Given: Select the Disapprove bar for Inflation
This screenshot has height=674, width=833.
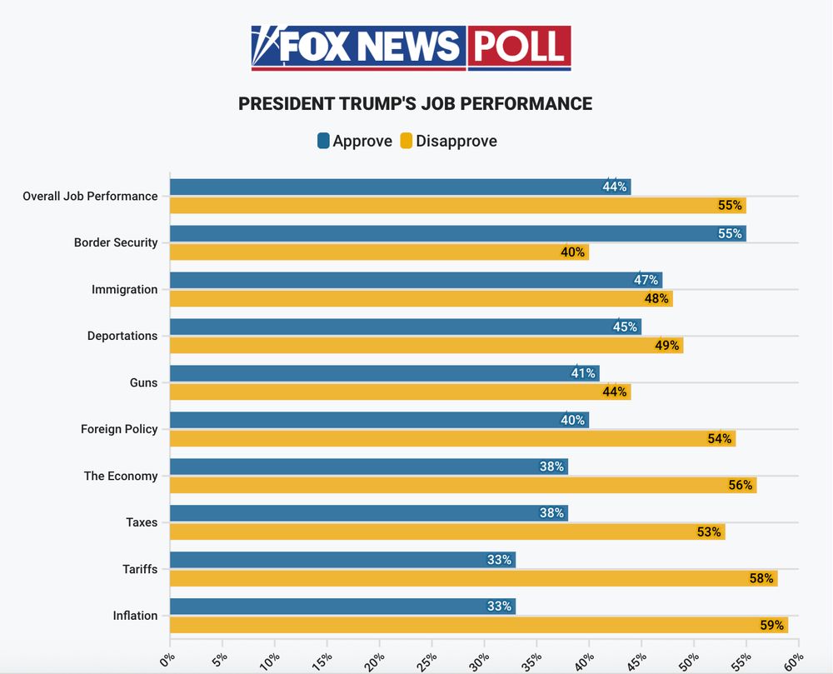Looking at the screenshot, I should tap(478, 625).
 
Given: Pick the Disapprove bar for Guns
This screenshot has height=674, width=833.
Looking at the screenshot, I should tap(400, 392).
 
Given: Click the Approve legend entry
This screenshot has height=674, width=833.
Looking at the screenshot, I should tap(355, 141).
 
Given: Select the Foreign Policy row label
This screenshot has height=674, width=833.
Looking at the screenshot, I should tap(119, 429).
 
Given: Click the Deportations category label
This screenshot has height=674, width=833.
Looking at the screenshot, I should tap(122, 336).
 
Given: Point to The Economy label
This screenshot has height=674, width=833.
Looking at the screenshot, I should tap(121, 476).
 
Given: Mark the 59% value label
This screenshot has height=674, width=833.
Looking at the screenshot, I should tap(771, 625).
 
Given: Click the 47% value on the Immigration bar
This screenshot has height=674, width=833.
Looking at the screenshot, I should tap(646, 280).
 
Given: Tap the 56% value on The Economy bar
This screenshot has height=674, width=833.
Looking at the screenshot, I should tap(741, 485).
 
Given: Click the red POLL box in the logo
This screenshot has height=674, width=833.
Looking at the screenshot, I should tap(518, 47).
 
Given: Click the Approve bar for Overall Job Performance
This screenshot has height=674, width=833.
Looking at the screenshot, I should tap(400, 187).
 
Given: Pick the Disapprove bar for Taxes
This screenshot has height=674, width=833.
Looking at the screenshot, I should tap(446, 532).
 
